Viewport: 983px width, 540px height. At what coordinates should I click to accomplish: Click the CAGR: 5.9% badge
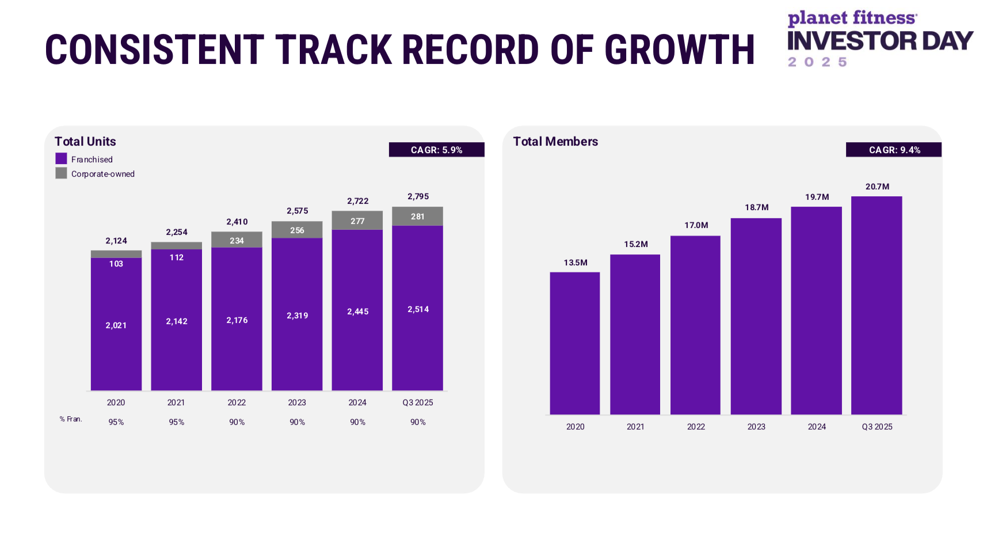tap(436, 150)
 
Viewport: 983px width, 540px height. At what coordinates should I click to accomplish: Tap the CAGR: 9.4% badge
tap(894, 150)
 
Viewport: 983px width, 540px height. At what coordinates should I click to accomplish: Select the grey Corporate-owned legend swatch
tap(61, 173)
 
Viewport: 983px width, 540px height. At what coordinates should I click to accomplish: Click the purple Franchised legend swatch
tap(61, 159)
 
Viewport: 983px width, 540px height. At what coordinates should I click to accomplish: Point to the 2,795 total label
tap(418, 196)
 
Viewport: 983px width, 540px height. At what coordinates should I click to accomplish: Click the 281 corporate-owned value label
tap(418, 216)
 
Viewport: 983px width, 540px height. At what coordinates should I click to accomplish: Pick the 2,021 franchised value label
tap(116, 325)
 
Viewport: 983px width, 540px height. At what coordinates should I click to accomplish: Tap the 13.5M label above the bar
tap(576, 263)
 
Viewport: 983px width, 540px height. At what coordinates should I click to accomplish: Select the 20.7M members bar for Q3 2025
tap(877, 305)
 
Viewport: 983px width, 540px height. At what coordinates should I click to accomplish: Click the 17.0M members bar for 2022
tap(695, 325)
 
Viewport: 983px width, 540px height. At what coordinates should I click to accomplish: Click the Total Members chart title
tap(555, 142)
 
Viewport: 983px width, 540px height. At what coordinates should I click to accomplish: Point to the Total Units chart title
tap(85, 142)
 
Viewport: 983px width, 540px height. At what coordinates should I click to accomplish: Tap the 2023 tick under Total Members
tap(756, 427)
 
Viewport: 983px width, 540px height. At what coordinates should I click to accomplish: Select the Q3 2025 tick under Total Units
tap(418, 402)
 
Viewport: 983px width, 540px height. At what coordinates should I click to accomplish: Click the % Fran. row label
tap(71, 419)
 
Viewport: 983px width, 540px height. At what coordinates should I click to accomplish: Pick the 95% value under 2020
tap(116, 422)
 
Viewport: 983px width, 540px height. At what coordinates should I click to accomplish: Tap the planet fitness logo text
tap(852, 18)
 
